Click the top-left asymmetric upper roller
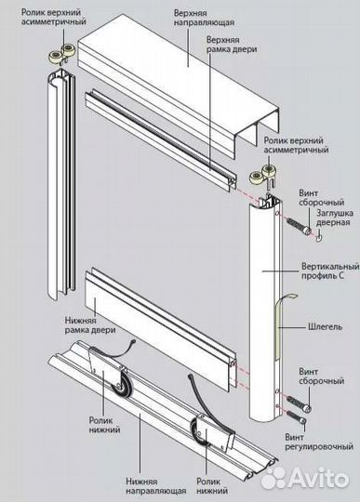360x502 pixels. (62, 55)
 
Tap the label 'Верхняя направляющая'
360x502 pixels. (204, 18)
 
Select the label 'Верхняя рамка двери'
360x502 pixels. (232, 45)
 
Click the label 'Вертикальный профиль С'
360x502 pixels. (330, 271)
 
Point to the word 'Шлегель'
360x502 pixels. (325, 326)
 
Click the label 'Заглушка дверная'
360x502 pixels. (335, 218)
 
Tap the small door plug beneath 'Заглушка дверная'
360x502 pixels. (319, 238)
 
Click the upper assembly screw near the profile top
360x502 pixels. (299, 226)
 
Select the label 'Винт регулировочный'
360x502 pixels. (319, 442)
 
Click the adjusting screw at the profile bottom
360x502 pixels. (296, 417)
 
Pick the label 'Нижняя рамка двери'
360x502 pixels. (90, 324)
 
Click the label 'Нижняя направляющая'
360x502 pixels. (156, 486)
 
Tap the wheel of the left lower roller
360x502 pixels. (118, 383)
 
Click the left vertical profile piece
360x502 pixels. (61, 184)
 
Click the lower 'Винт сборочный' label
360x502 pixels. (321, 376)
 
